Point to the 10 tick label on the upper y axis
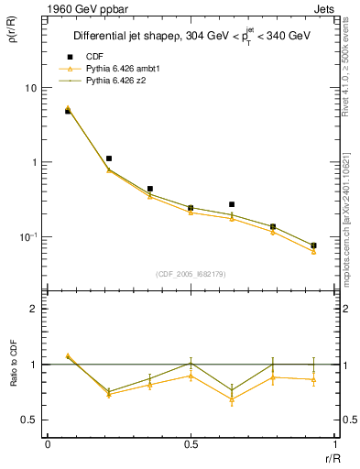(30, 88)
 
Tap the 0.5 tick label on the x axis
(191, 443)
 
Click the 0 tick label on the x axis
(48, 443)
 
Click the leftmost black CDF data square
(68, 111)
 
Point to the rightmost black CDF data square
(313, 245)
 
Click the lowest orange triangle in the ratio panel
(232, 399)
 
